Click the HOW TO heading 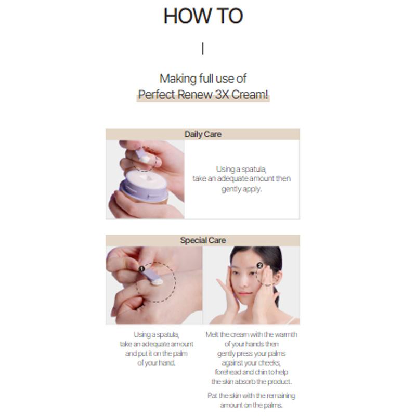point(203,16)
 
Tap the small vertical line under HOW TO point(203,48)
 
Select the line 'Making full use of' point(203,79)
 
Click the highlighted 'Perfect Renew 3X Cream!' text point(203,96)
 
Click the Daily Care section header point(203,134)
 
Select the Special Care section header point(203,240)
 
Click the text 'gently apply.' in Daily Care point(241,189)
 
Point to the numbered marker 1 point(141,269)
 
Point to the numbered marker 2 point(259,265)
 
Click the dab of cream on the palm point(157,282)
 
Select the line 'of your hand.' point(157,363)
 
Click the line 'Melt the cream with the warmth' point(251,335)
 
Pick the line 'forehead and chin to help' point(251,372)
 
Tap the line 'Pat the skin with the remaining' point(251,396)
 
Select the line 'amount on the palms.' point(251,405)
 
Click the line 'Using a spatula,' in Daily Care point(241,169)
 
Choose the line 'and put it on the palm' point(157,354)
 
